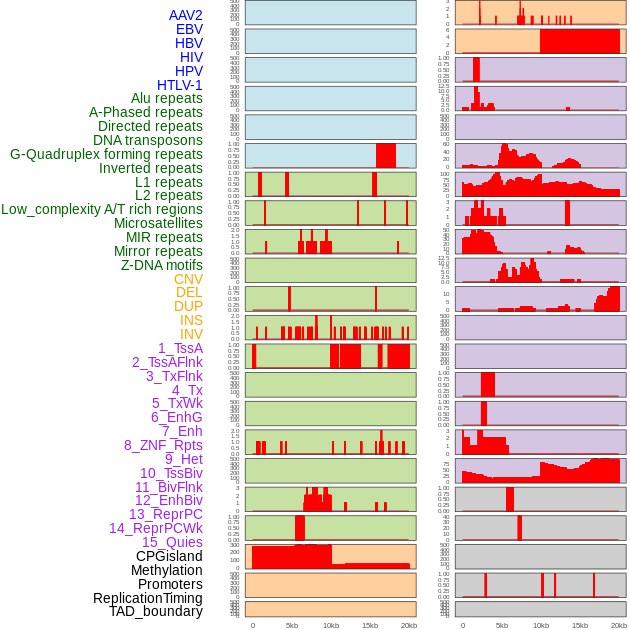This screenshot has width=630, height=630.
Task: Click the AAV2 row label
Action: click(186, 15)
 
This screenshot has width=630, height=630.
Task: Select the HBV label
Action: click(189, 43)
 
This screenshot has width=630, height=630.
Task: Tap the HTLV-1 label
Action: click(180, 85)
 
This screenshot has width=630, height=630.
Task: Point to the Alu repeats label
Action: click(167, 99)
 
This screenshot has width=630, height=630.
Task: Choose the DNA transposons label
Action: click(148, 140)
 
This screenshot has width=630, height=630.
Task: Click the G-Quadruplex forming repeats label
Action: click(106, 154)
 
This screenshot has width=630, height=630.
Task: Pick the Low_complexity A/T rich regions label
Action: click(102, 209)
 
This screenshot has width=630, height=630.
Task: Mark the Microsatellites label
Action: click(158, 223)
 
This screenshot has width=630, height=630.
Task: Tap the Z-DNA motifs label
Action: click(162, 265)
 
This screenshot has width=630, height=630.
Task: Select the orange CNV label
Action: click(188, 279)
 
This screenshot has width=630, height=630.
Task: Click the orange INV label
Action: click(191, 334)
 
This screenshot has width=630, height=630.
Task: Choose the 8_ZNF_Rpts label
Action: click(163, 445)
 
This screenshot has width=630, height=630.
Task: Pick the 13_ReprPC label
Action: click(166, 514)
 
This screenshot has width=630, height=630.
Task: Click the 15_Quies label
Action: click(172, 542)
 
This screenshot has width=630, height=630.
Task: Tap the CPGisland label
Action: click(169, 556)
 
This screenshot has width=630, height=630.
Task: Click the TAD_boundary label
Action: click(156, 611)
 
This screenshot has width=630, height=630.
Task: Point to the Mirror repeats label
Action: click(158, 251)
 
